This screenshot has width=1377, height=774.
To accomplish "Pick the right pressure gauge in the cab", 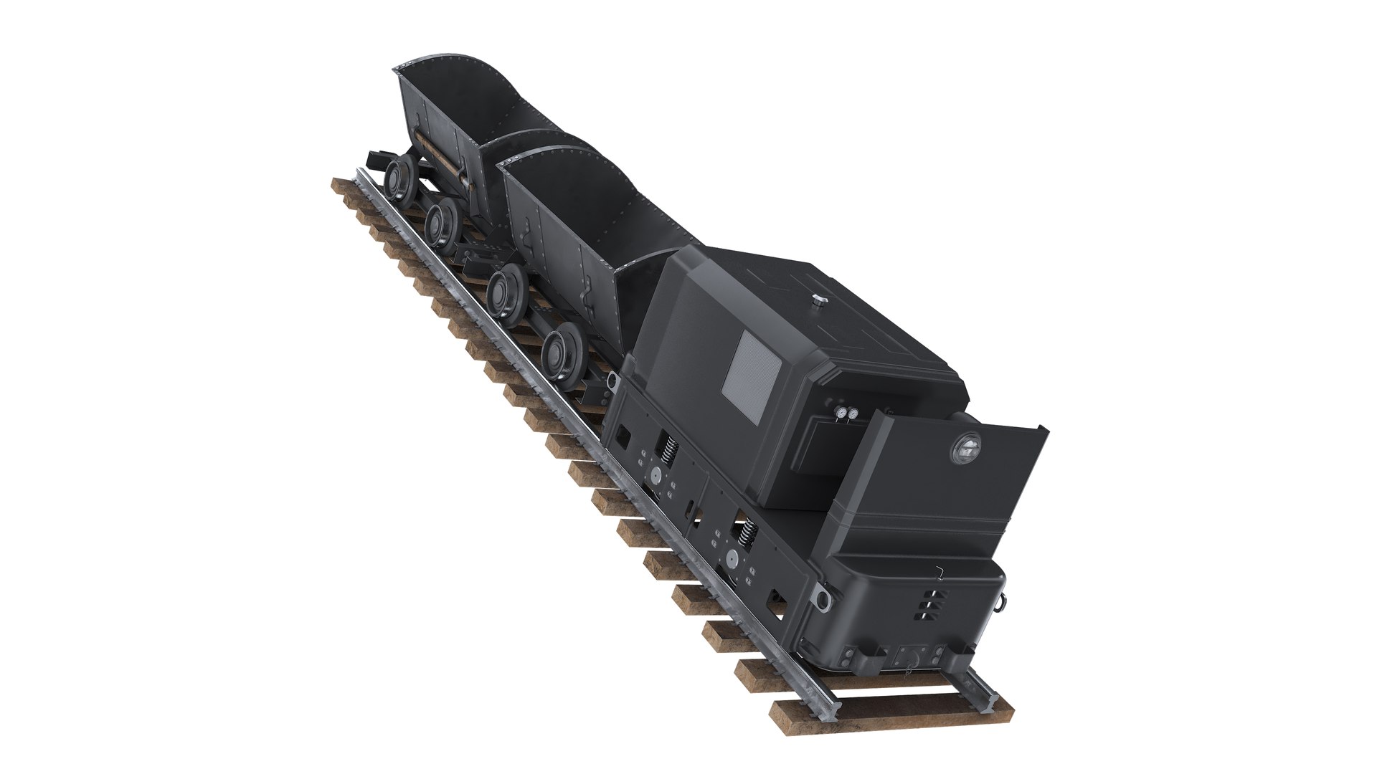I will pos(853,414).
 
